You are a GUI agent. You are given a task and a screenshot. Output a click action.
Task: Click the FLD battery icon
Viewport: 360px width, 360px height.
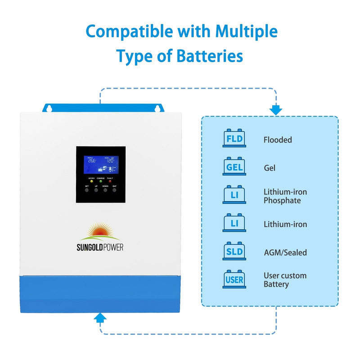click(x=234, y=139)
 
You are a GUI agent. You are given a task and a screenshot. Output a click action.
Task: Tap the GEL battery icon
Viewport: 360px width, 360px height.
click(x=234, y=167)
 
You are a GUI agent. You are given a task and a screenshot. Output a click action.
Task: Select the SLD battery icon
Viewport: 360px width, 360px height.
click(x=234, y=252)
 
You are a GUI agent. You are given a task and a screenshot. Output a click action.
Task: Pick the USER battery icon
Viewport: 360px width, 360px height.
click(x=234, y=279)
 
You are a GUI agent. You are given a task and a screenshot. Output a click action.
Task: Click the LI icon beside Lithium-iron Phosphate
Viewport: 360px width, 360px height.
click(x=234, y=195)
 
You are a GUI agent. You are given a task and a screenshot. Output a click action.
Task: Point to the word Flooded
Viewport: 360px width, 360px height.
click(x=278, y=140)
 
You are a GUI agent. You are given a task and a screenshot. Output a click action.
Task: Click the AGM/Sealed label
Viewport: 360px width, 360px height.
click(x=285, y=252)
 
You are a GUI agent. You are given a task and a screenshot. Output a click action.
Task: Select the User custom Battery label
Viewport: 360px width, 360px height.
click(x=285, y=280)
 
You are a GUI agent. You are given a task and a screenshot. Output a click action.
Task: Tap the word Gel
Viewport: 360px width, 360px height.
click(x=270, y=168)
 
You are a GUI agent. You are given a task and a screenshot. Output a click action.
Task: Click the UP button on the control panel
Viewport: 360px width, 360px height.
click(x=96, y=190)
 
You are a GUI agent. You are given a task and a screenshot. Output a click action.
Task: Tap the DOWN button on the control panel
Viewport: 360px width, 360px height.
click(x=105, y=190)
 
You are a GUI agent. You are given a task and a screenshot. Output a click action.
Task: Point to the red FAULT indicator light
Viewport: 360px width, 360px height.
click(x=110, y=181)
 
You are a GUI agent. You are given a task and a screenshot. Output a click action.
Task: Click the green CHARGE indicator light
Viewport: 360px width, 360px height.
click(x=101, y=181)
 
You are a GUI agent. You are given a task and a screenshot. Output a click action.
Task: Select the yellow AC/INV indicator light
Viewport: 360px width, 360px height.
click(x=92, y=181)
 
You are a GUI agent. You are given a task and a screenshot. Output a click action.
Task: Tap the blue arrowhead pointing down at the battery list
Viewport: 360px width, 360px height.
click(x=275, y=110)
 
